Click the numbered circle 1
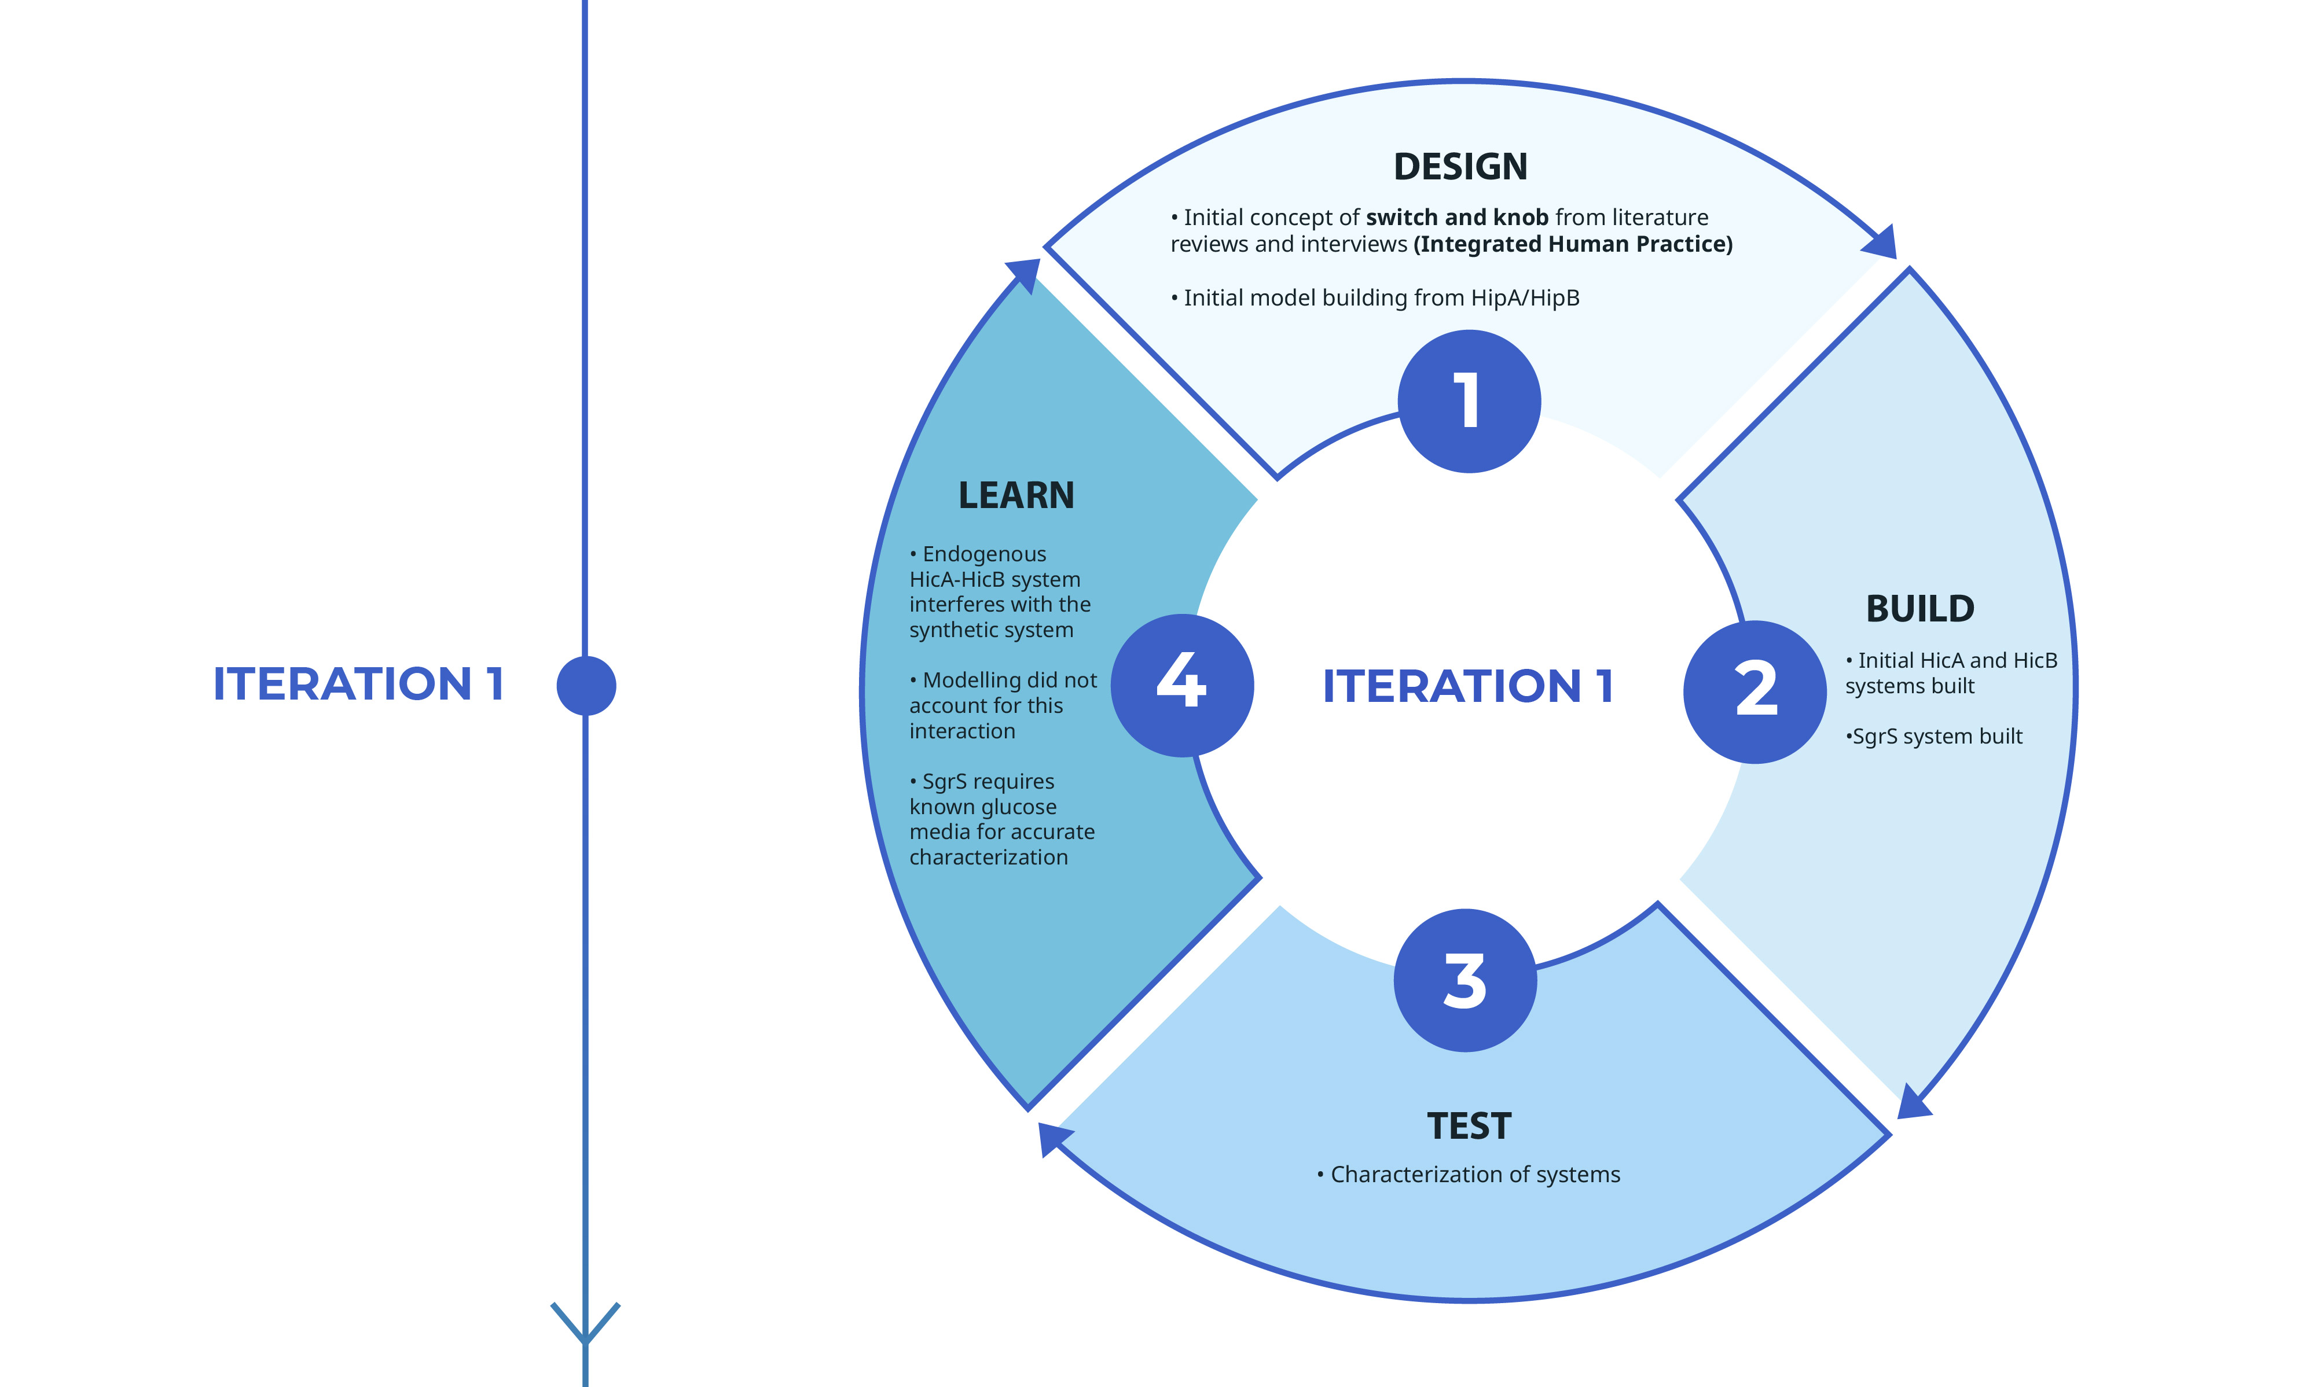pos(1469,401)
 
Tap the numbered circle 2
pos(1755,691)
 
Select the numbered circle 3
pos(1465,980)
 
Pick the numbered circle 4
pos(1182,685)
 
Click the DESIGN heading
pos(1460,167)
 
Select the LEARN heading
pos(1016,495)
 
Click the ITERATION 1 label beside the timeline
pos(358,683)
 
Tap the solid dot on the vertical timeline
pos(586,685)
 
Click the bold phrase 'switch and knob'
pos(1457,218)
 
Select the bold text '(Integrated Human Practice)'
pos(1573,245)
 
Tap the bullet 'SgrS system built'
pos(1933,737)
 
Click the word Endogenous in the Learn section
pos(985,554)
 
